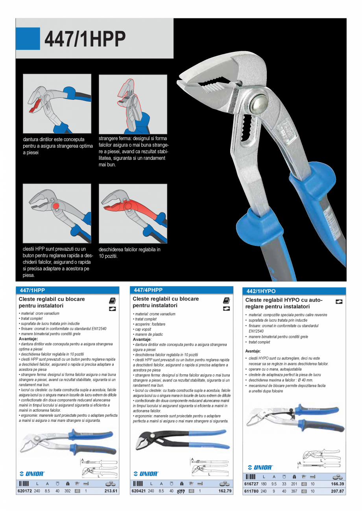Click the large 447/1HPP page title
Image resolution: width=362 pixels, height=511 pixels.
click(85, 38)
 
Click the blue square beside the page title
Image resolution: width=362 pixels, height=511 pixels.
click(28, 38)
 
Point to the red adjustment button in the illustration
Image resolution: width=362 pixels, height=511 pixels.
click(55, 205)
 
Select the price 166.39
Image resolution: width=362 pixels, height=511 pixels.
click(338, 484)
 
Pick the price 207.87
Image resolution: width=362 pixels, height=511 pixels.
click(338, 491)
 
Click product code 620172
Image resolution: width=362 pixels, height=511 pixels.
click(24, 491)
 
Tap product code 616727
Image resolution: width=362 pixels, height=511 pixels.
click(251, 484)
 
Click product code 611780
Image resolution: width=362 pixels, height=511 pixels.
click(251, 491)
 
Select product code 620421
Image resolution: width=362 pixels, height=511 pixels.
click(138, 491)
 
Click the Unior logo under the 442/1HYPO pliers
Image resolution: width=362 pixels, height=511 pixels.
click(260, 467)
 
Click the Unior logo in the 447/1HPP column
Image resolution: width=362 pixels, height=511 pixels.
click(32, 474)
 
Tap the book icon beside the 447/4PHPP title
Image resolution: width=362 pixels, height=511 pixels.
click(226, 300)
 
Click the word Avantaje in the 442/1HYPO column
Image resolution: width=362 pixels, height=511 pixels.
click(253, 351)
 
